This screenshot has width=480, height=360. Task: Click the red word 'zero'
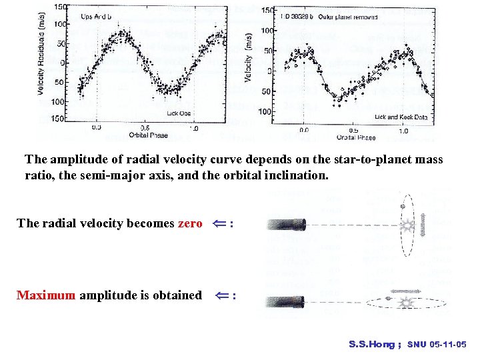tap(190, 223)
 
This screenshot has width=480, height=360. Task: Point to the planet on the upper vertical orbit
tap(402, 207)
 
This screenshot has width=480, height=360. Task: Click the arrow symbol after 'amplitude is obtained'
tap(221, 295)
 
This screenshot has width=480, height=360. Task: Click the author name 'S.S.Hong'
tap(372, 345)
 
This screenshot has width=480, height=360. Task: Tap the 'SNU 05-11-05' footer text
tap(437, 345)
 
